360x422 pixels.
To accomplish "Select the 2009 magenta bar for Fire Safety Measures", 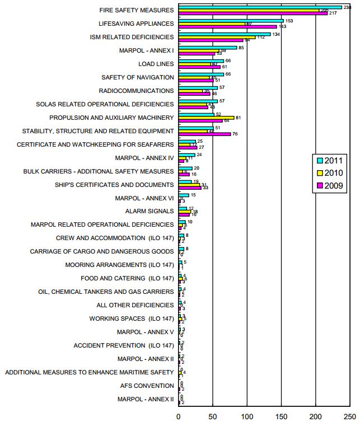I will [x=253, y=13].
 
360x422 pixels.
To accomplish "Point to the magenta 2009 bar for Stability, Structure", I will [x=204, y=134].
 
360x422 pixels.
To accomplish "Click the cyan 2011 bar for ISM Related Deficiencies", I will [x=224, y=34].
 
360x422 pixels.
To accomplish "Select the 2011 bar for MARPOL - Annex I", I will [x=207, y=48].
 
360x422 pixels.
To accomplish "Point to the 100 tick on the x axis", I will [x=247, y=416].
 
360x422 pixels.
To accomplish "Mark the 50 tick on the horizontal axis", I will [x=213, y=416].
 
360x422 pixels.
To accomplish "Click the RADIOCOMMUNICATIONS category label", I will [x=136, y=91].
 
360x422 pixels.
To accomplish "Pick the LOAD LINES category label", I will [x=156, y=64].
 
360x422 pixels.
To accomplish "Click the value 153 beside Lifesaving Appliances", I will [x=289, y=21].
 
